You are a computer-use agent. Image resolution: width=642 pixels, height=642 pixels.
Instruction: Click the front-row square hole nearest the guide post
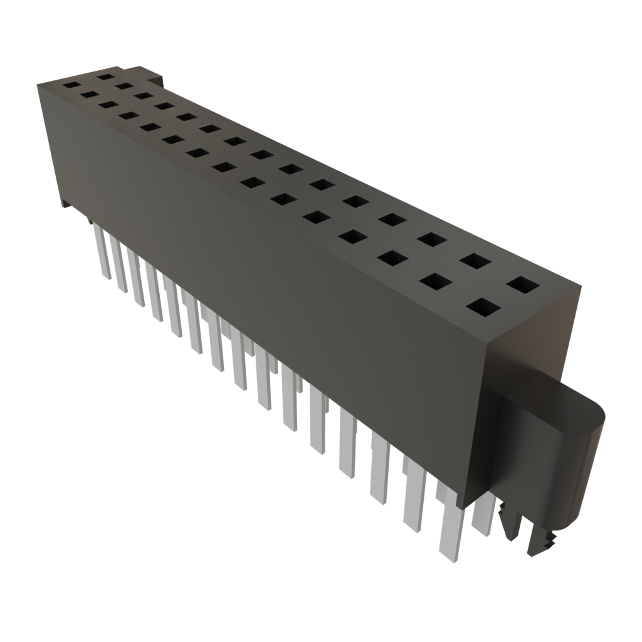pyautogui.click(x=484, y=308)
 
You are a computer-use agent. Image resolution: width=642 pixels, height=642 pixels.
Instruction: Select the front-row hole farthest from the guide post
pyautogui.click(x=71, y=83)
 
